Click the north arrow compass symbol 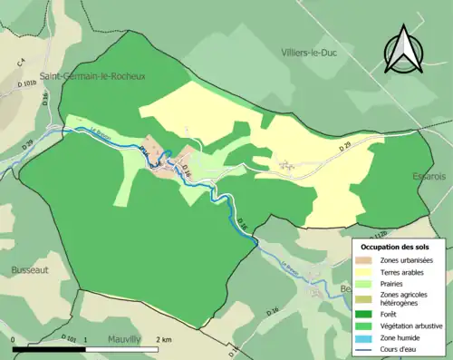(x=405, y=50)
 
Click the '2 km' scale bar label (x=163, y=339)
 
